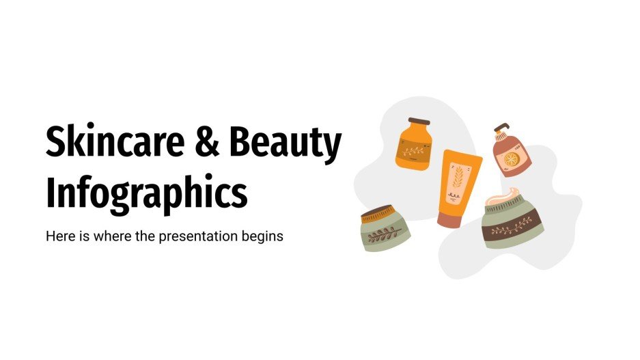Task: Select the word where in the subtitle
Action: click(x=106, y=237)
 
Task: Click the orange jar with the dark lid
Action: click(x=413, y=145)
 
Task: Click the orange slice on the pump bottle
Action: click(x=512, y=160)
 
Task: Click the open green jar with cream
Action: click(x=513, y=220)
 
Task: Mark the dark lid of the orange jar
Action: click(x=415, y=123)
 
